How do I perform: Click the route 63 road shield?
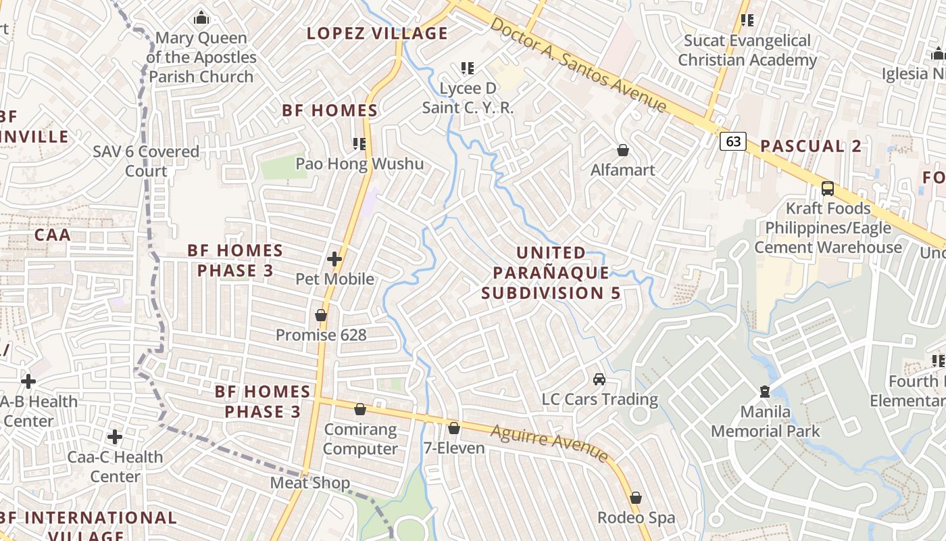click(x=734, y=141)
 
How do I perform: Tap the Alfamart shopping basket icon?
click(x=622, y=150)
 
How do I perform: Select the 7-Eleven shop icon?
click(x=454, y=428)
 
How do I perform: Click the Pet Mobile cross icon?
click(x=334, y=259)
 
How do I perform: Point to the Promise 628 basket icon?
click(x=321, y=315)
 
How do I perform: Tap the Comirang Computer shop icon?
click(x=360, y=409)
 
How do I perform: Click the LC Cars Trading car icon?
click(x=599, y=379)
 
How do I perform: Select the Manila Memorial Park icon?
click(x=764, y=392)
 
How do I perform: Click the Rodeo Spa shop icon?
click(x=635, y=498)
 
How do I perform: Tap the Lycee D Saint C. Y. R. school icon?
click(x=467, y=68)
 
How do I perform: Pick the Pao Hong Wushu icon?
click(x=359, y=143)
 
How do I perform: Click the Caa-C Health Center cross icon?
click(x=115, y=437)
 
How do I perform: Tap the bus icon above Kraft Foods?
click(x=827, y=188)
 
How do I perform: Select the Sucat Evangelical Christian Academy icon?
click(x=747, y=20)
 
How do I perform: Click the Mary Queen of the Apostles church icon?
click(x=201, y=18)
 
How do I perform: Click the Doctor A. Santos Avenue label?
click(x=578, y=65)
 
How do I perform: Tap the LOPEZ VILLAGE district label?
click(x=377, y=33)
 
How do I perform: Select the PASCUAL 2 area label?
click(x=811, y=146)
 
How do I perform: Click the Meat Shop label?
click(x=310, y=483)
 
